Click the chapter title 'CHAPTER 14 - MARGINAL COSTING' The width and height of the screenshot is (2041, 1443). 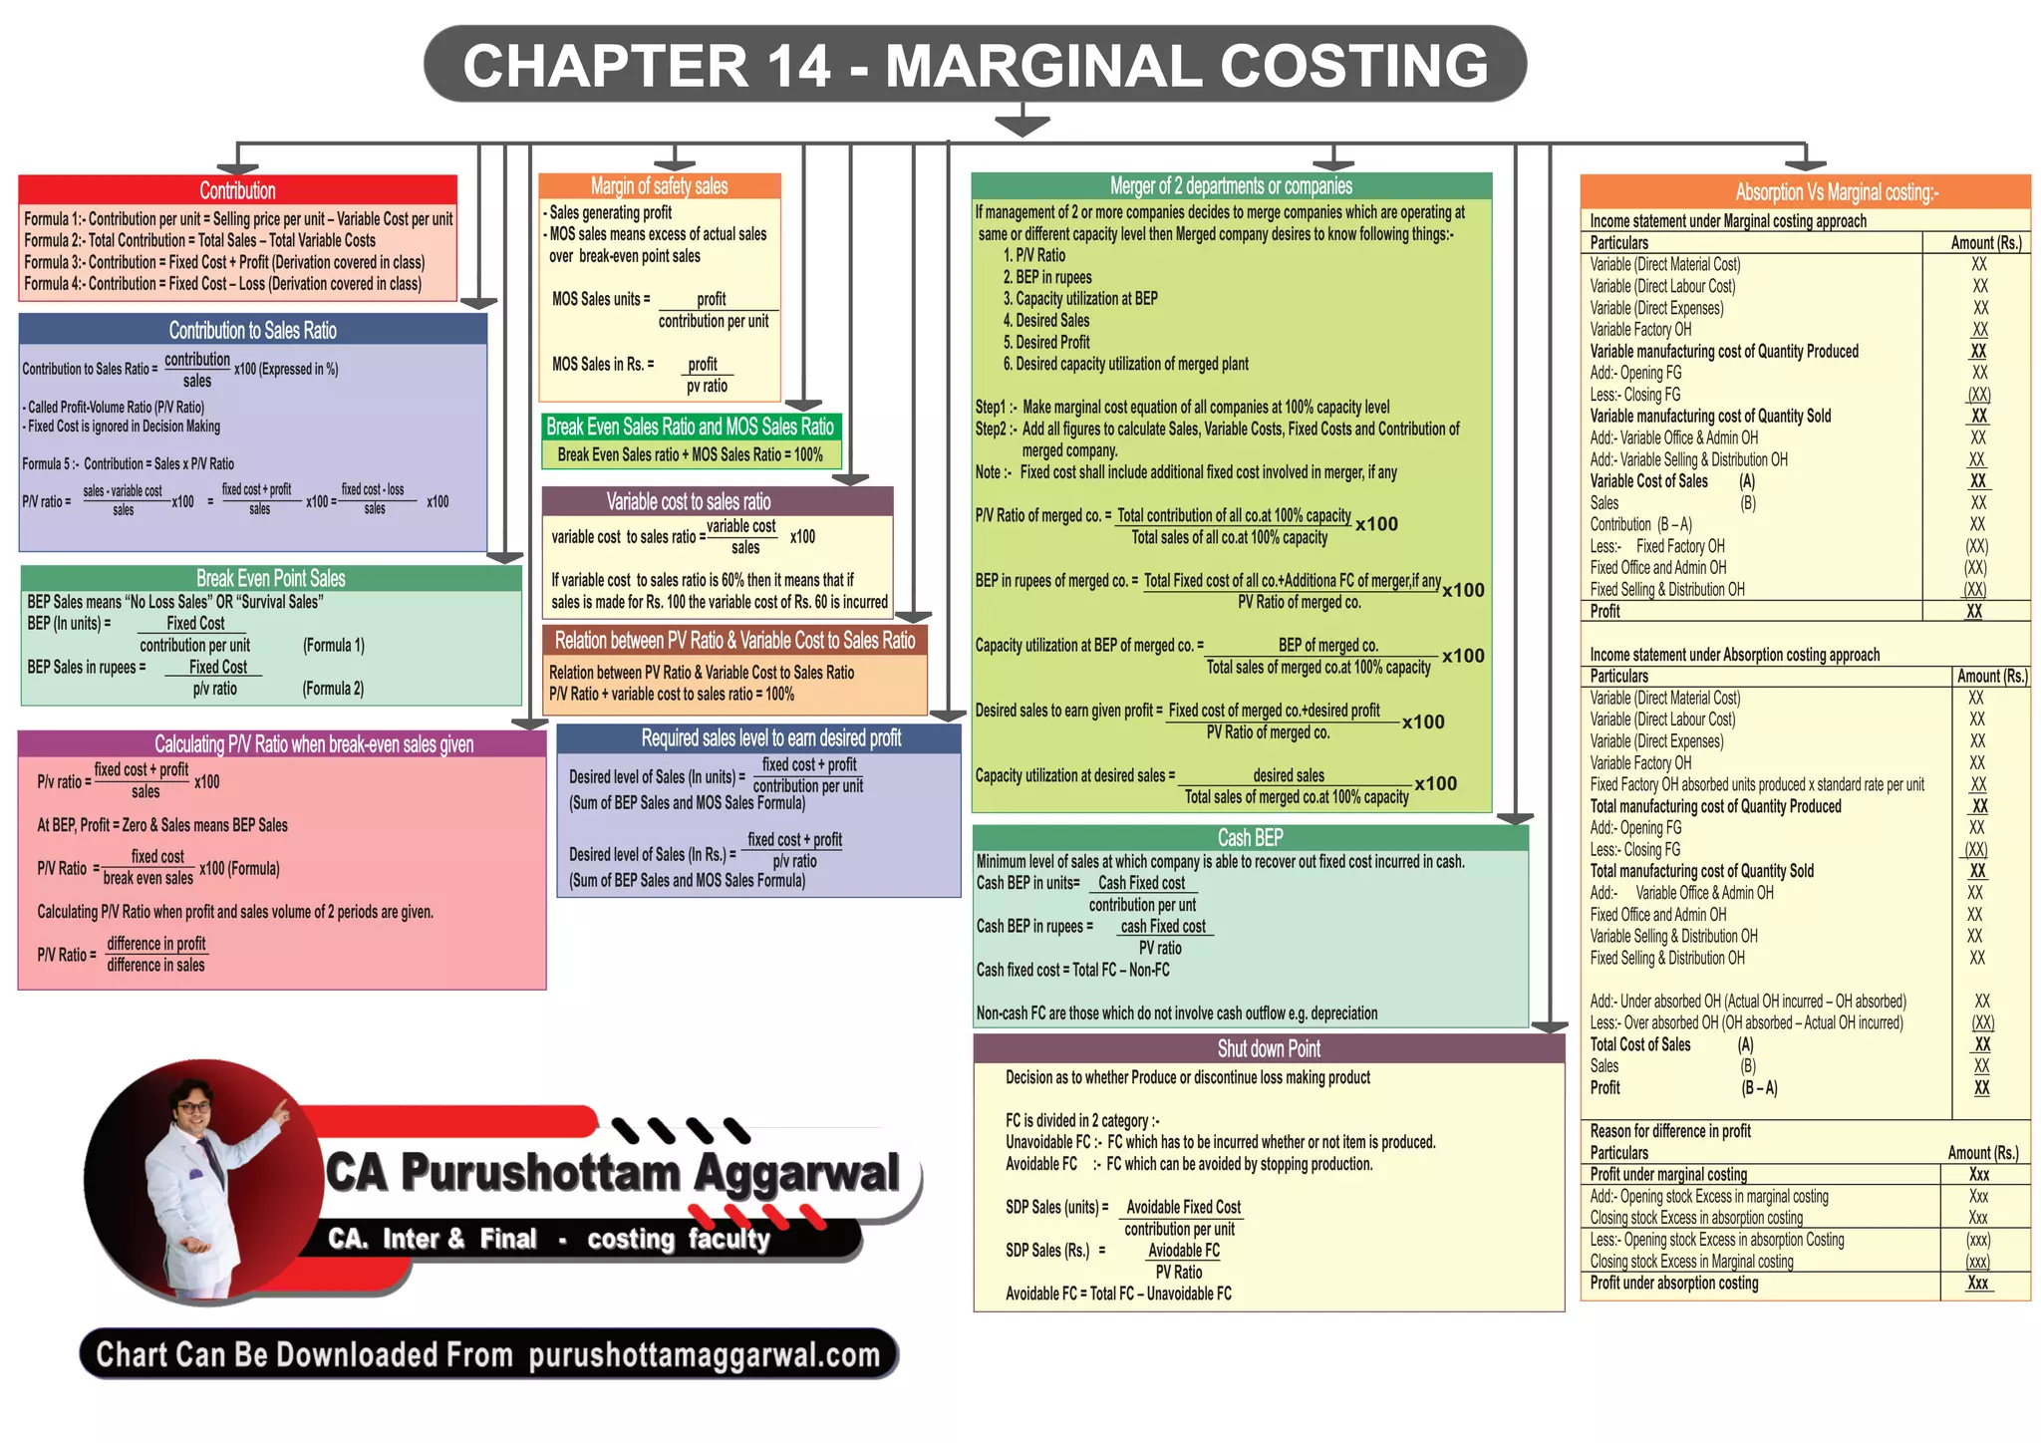(975, 66)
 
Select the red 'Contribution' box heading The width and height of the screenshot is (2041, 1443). (237, 190)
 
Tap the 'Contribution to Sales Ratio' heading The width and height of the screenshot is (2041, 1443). (252, 330)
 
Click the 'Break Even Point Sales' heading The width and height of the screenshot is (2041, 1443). (270, 578)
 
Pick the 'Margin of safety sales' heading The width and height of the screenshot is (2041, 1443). (659, 186)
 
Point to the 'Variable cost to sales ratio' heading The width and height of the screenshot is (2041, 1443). (689, 501)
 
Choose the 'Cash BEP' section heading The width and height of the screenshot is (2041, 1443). (1250, 838)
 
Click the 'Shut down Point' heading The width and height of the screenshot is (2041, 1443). (1269, 1048)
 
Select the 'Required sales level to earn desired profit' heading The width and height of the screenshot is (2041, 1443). (770, 738)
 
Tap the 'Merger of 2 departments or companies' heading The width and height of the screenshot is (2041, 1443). (1231, 186)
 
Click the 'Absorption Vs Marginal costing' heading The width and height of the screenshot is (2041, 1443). (1836, 192)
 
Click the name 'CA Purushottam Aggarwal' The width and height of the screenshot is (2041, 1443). (613, 1173)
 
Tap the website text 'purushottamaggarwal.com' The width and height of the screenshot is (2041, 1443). (705, 1355)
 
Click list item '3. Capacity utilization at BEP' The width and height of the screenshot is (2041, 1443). (1080, 299)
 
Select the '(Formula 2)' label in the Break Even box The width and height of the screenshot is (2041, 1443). (333, 689)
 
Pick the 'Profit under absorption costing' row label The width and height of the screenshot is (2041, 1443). (1673, 1284)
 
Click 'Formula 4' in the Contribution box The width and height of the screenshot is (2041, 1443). (222, 284)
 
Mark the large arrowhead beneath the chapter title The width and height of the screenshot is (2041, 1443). (1021, 125)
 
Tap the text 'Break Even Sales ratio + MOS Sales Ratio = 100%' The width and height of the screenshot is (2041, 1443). (690, 455)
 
